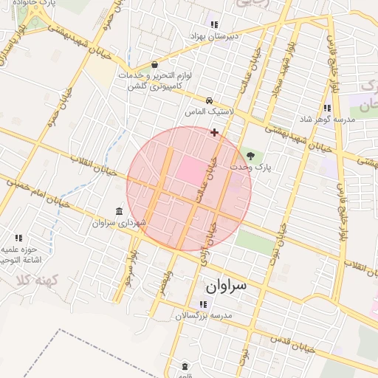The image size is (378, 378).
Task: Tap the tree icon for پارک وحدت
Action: tap(250, 156)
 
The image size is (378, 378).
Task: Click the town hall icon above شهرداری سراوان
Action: tap(120, 212)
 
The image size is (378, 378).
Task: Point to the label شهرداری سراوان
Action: tap(120, 222)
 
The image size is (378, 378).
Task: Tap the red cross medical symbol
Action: tap(214, 133)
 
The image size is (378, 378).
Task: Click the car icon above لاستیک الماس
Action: tap(210, 100)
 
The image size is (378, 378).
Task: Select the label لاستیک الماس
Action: tap(210, 111)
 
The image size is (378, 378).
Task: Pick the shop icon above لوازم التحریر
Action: tap(154, 65)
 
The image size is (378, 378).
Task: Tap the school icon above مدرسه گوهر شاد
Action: tap(327, 108)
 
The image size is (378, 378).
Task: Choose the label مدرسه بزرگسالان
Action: tap(203, 315)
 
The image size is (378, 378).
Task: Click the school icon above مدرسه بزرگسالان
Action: tap(202, 304)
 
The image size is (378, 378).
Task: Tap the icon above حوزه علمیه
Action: tap(18, 238)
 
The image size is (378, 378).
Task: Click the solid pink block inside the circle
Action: tap(190, 170)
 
